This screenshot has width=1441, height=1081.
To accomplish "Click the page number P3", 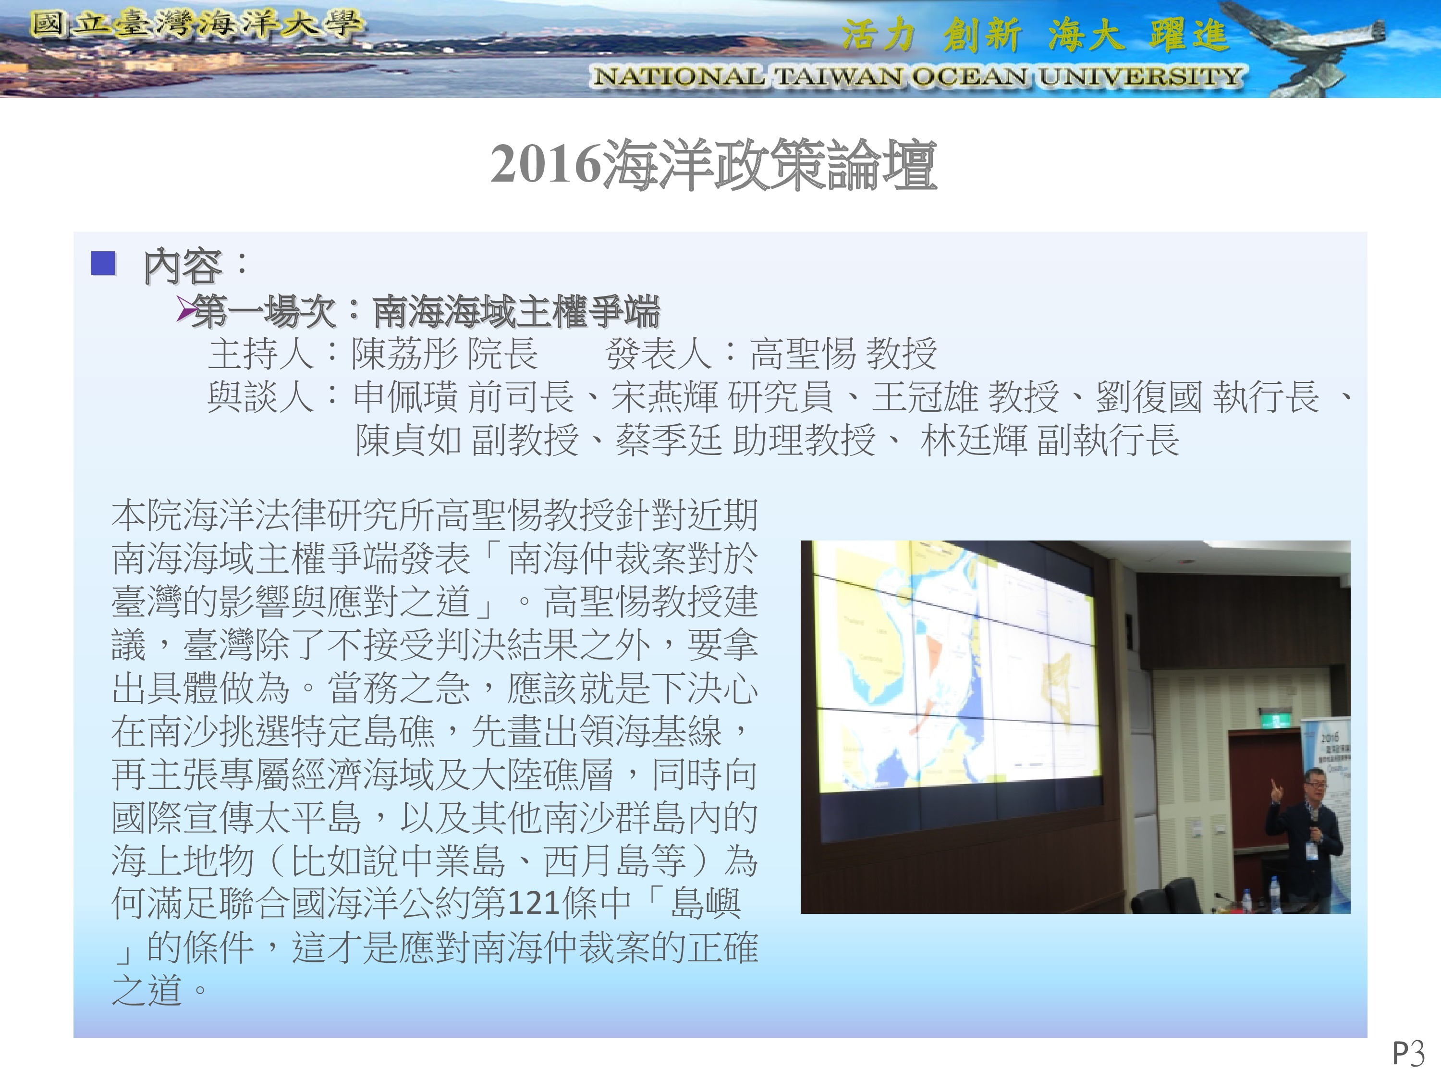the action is (x=1408, y=1053).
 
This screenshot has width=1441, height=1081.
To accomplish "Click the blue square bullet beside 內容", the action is (x=104, y=263).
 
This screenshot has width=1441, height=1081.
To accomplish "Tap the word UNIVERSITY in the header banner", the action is (x=1140, y=76).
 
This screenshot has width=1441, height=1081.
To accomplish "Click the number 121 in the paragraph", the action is (x=533, y=904).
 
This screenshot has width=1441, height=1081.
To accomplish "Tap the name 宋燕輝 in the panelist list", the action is (x=664, y=397).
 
